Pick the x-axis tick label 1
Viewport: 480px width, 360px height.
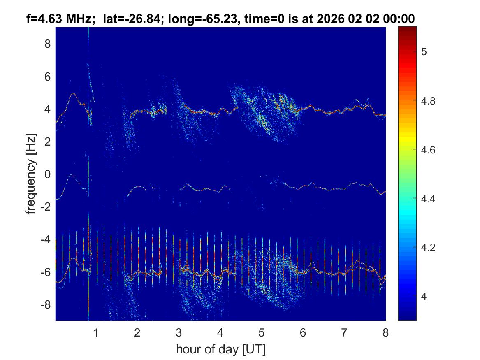[96, 332]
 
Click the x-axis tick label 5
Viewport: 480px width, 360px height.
[262, 332]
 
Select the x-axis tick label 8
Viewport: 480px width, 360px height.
[385, 332]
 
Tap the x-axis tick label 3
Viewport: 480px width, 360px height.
[179, 332]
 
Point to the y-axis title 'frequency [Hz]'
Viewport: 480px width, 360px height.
[31, 174]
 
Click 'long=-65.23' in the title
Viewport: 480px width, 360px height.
[193, 19]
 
